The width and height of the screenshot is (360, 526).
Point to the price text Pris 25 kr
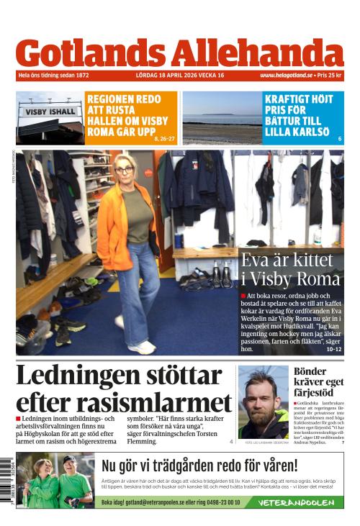(x=330, y=76)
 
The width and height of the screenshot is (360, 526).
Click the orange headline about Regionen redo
(x=127, y=116)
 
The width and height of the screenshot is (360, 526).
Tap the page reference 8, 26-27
(x=164, y=137)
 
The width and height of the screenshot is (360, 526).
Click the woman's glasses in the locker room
(x=125, y=171)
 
